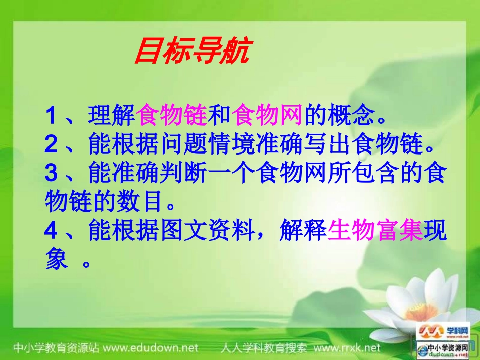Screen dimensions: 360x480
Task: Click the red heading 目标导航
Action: click(x=192, y=53)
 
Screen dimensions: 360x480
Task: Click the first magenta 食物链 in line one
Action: click(x=172, y=117)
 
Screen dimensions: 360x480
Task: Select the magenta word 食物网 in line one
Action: click(x=268, y=117)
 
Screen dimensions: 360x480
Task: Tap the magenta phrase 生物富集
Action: click(x=375, y=232)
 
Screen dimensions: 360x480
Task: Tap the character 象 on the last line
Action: click(x=56, y=261)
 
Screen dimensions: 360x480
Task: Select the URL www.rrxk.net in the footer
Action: click(x=347, y=348)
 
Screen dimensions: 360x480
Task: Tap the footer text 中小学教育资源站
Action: click(x=56, y=348)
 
